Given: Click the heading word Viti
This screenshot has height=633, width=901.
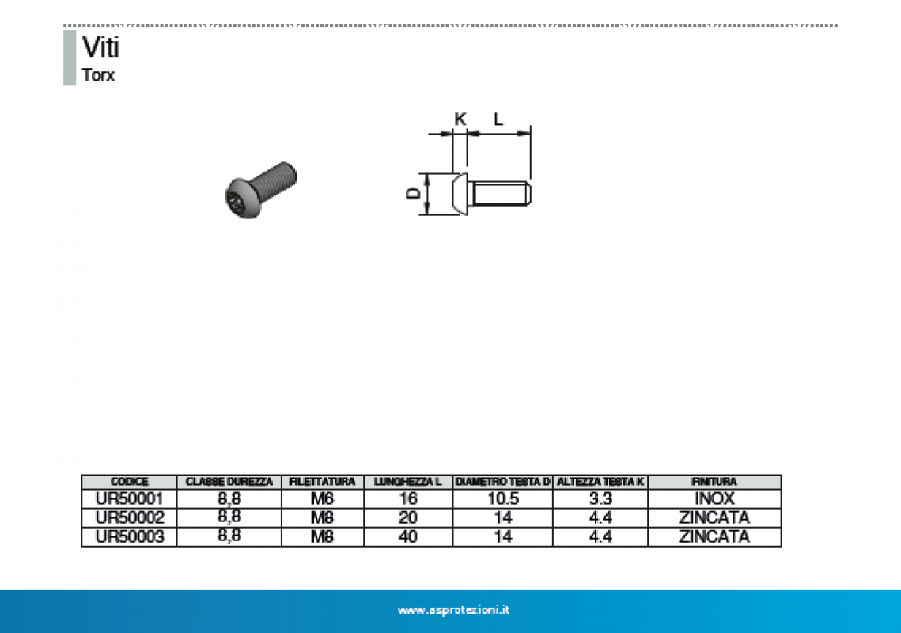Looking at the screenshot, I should coord(100,48).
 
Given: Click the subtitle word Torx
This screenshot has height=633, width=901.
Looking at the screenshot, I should coord(98,76).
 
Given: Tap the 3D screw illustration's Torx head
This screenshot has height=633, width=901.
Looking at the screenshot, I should coord(240,200).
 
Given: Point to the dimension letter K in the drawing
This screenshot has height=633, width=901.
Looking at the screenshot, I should coord(460,119).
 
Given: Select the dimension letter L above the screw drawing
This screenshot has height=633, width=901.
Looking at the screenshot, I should coord(498,119).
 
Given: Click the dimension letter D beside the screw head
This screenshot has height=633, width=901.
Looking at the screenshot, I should coord(412,194).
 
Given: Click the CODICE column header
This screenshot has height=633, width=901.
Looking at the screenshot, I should coord(129,481).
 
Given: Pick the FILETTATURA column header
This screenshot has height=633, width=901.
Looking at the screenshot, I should coord(322,481).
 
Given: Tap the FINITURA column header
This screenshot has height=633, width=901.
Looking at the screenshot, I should coord(714,481).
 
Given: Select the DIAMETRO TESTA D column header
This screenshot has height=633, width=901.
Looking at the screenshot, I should coord(502,481).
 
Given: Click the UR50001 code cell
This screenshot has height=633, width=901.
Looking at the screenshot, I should coord(129,498).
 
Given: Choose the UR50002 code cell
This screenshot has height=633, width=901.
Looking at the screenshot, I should coord(129,517).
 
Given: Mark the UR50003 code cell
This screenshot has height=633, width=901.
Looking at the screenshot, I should coord(129,536).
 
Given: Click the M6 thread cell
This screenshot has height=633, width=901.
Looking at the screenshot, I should coord(322,498).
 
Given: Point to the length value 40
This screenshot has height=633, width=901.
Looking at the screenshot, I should coord(408,536).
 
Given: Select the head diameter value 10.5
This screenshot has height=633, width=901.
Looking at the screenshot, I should coord(502,498).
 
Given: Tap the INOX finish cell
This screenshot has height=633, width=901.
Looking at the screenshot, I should coord(714,498).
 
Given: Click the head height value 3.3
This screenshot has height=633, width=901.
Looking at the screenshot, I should coord(600,498).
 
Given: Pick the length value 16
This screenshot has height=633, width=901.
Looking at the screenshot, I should coord(408,498).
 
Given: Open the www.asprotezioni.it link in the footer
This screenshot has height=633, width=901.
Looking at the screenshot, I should coord(453,610).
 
